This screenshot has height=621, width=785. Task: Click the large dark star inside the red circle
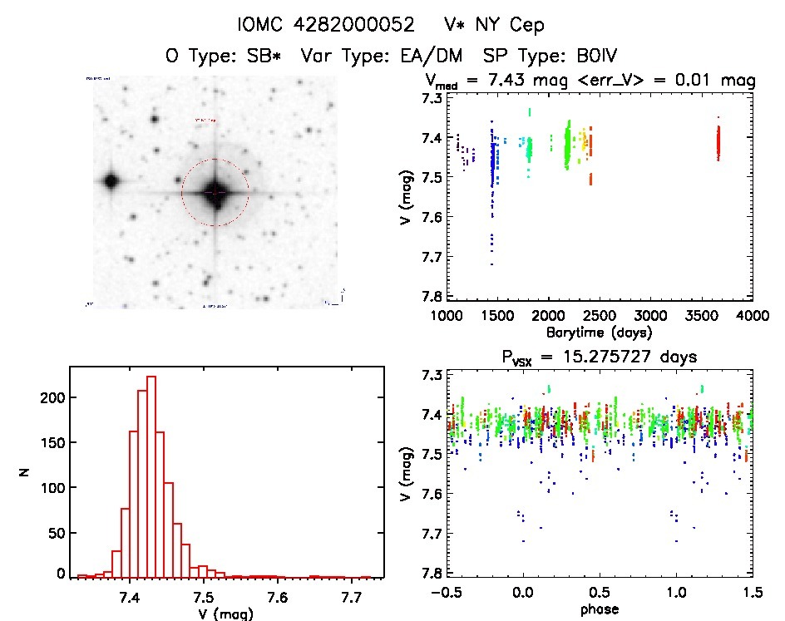(215, 192)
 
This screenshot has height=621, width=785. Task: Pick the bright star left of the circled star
(111, 181)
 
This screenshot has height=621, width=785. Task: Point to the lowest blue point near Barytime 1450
(491, 264)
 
